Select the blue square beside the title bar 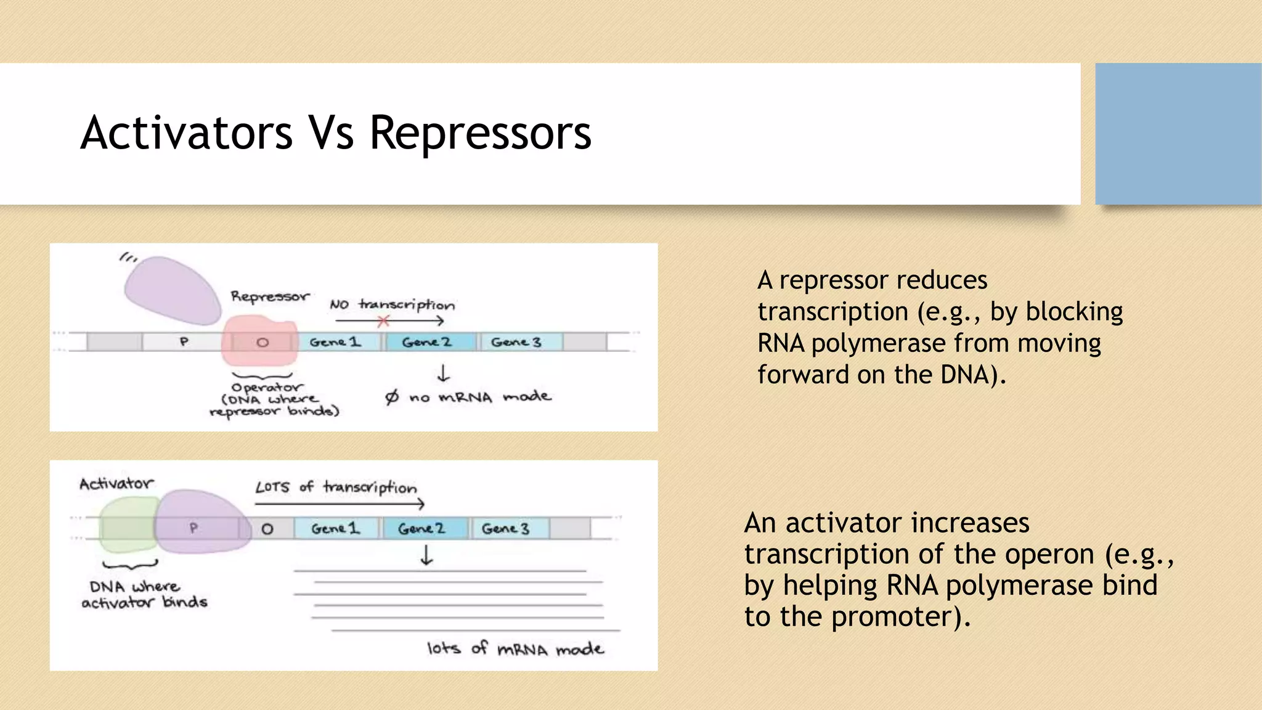tap(1178, 134)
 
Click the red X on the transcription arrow tap(383, 320)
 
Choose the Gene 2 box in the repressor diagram tap(428, 342)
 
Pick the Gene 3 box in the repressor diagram tap(518, 342)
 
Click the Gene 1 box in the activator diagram tap(335, 528)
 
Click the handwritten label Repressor tap(270, 296)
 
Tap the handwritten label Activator tap(116, 484)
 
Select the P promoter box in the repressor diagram tap(183, 341)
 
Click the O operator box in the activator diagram tap(267, 529)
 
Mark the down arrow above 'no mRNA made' tap(443, 373)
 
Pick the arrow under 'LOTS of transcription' tap(339, 504)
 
